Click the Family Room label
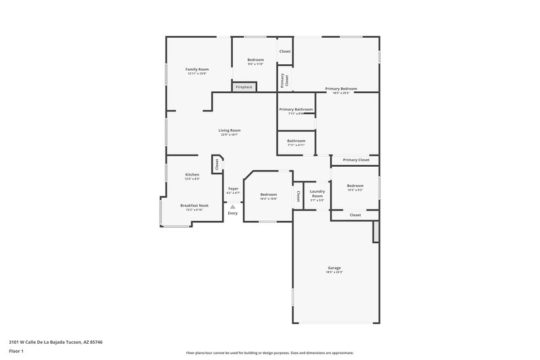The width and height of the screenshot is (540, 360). point(197,69)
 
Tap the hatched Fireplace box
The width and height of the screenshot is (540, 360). point(243,87)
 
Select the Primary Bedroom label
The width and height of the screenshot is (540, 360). point(341,88)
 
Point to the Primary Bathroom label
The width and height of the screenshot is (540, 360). point(296,109)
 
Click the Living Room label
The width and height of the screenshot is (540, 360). point(230,130)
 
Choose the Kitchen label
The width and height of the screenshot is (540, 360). point(192,174)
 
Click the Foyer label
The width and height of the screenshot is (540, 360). point(233,188)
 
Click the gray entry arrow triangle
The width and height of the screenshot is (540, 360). point(233,207)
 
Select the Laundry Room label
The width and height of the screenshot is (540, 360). point(317,193)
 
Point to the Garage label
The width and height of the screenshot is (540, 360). point(335,267)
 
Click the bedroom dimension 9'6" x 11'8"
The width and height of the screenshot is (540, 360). point(255,64)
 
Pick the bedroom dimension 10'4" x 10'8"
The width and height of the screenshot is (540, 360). point(269,199)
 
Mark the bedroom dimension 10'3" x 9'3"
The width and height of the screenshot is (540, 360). point(355,190)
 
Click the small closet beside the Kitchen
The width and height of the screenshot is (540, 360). point(217,163)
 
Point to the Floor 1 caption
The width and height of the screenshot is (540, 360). point(13,351)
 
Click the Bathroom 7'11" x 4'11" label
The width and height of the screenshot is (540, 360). point(296,143)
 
